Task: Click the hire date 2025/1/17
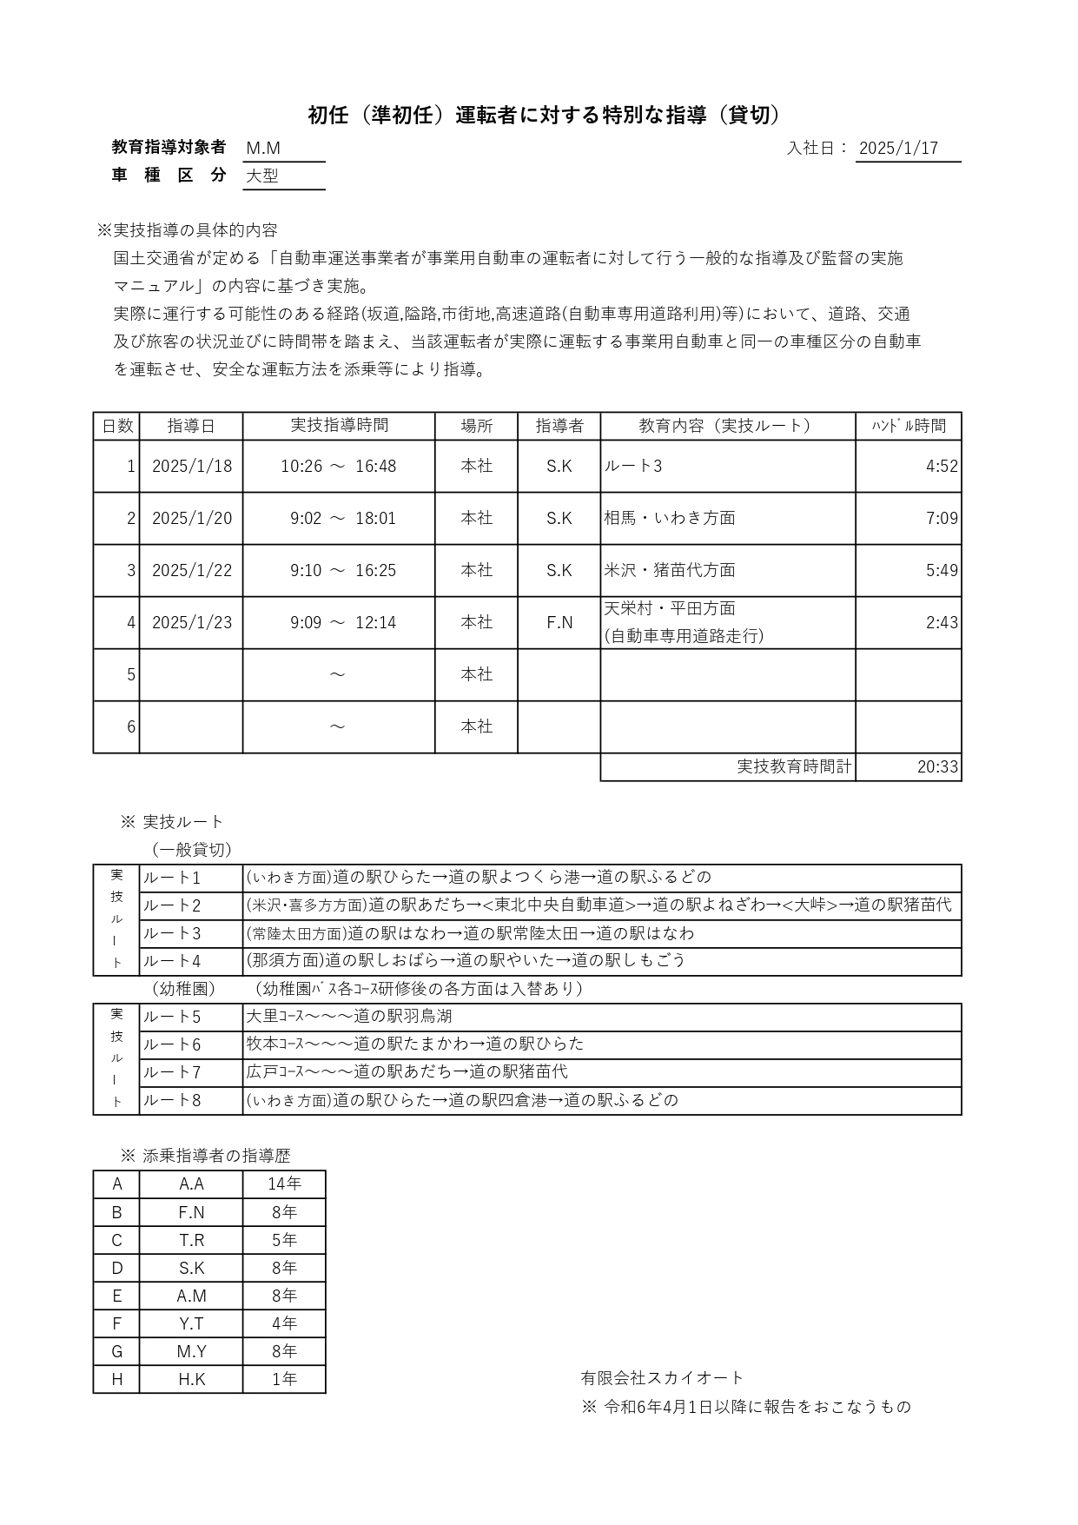(x=898, y=149)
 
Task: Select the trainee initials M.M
(x=263, y=149)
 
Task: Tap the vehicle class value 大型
(x=262, y=176)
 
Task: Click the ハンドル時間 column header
(x=909, y=426)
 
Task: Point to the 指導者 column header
(x=559, y=426)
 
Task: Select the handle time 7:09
(x=942, y=519)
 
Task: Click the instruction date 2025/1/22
(x=192, y=571)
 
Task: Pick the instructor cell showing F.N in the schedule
(x=559, y=623)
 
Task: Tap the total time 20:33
(x=937, y=767)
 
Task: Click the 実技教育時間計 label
(x=794, y=767)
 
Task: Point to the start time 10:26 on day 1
(x=301, y=467)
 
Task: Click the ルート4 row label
(x=172, y=961)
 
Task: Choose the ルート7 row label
(x=172, y=1072)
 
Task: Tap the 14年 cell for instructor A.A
(x=284, y=1184)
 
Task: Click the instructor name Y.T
(x=191, y=1323)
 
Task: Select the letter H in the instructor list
(x=116, y=1379)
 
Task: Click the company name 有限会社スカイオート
(x=662, y=1378)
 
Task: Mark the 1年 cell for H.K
(x=284, y=1379)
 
